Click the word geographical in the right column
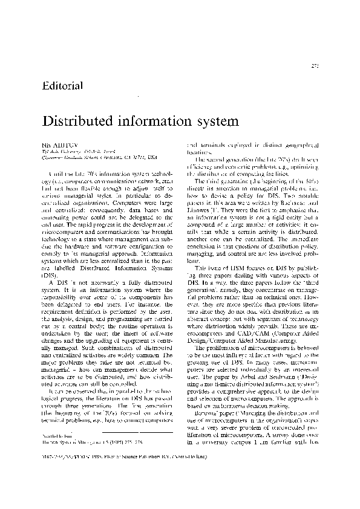pyautogui.click(x=293, y=146)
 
